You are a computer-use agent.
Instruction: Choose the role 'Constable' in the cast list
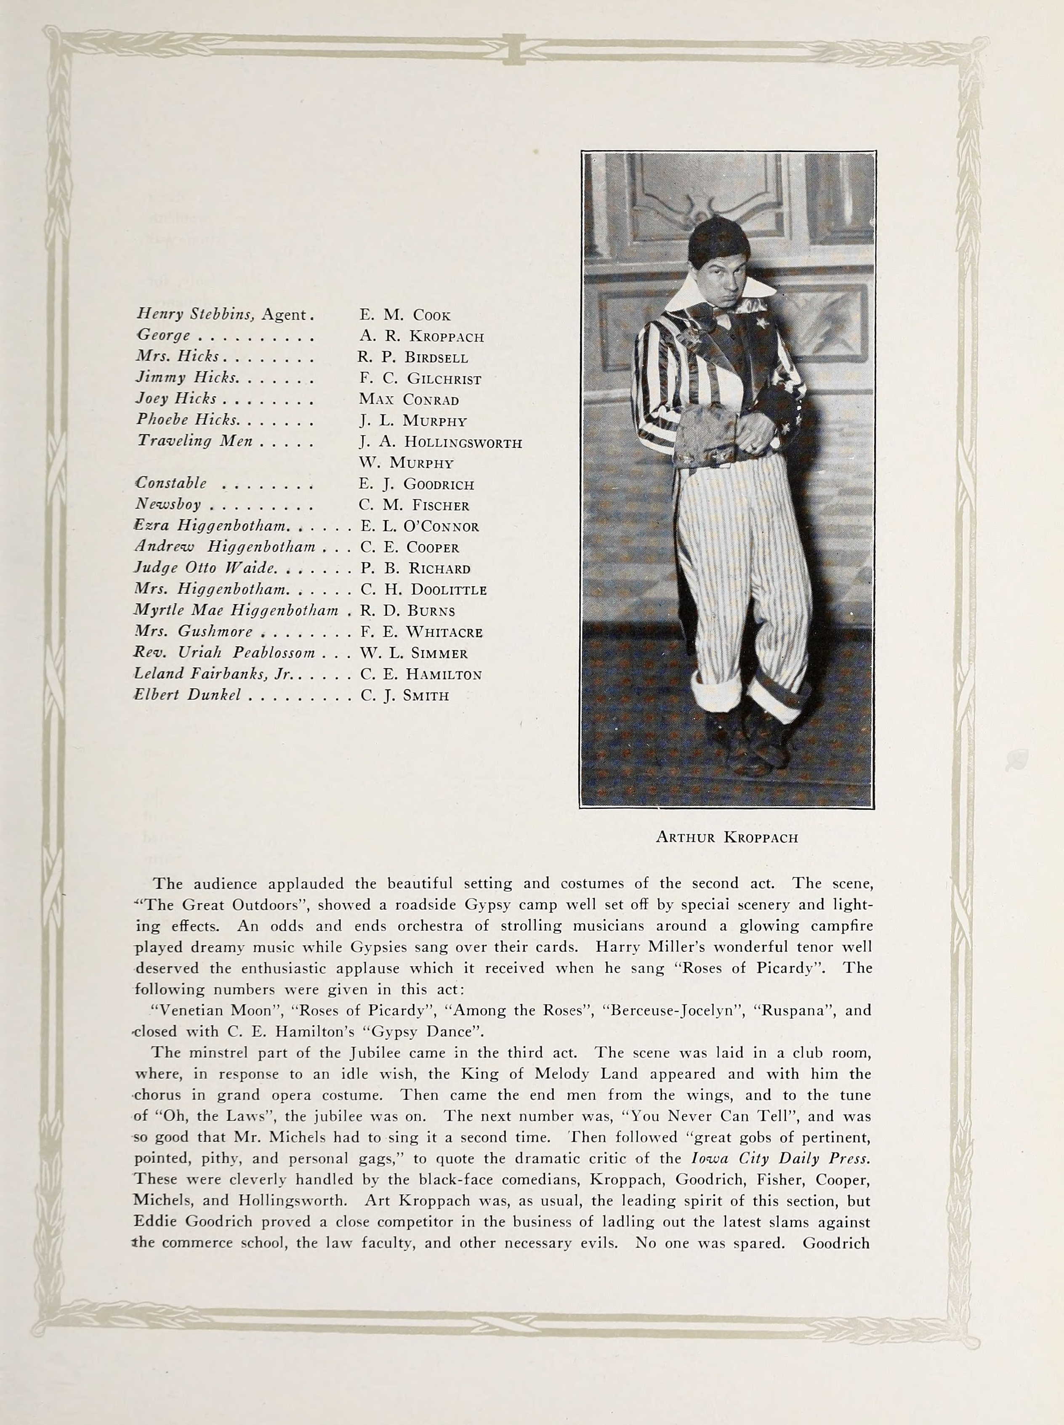click(171, 484)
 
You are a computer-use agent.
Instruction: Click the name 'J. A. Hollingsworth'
click(441, 442)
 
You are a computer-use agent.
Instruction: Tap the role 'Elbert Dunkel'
click(187, 695)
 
